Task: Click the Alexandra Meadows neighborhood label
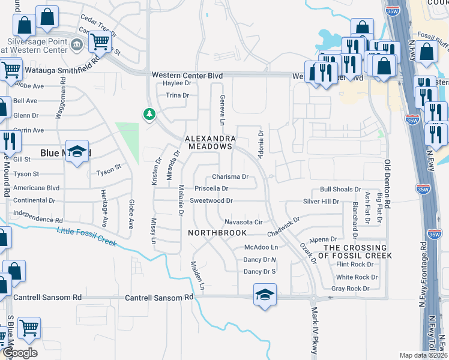(x=209, y=142)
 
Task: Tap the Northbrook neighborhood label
(x=217, y=232)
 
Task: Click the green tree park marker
(x=148, y=113)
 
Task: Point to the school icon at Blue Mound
(x=77, y=152)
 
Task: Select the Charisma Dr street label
(x=230, y=177)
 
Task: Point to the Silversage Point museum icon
(x=77, y=44)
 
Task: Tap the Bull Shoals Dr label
(x=340, y=189)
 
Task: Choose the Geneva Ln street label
(x=222, y=110)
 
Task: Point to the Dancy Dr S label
(x=259, y=272)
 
